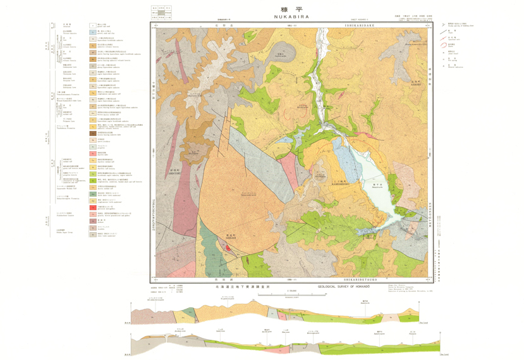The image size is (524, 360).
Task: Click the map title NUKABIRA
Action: coord(291,17)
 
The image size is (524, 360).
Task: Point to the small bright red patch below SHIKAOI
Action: coord(226,248)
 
